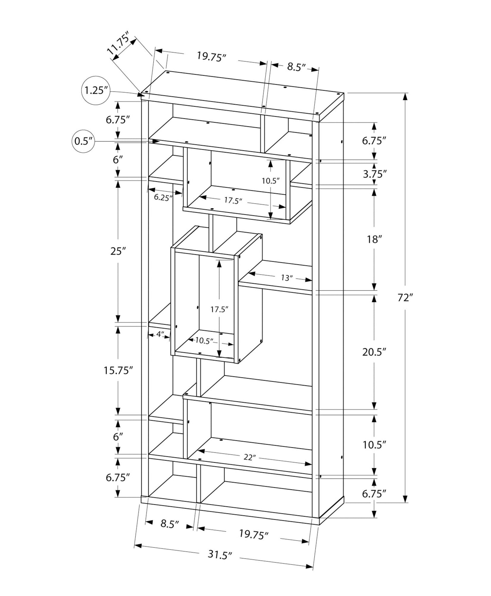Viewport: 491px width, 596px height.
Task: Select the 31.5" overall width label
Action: (x=220, y=555)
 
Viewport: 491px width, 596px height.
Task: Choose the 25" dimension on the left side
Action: (x=118, y=251)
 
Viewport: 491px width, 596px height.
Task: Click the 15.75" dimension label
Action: (x=118, y=370)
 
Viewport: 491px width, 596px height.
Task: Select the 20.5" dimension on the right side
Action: (x=374, y=352)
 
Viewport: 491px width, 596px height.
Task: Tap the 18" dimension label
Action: (x=373, y=240)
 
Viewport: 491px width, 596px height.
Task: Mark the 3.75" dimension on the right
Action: (x=375, y=174)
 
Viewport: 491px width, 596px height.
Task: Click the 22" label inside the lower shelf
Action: (x=249, y=457)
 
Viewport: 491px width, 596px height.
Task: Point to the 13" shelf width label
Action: (x=286, y=278)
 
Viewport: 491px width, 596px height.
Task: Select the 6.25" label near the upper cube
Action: (x=163, y=197)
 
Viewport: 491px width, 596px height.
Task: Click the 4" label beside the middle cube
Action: (x=160, y=334)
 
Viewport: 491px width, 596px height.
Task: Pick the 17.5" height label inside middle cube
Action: (x=219, y=309)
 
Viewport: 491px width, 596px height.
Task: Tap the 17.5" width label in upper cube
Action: (x=233, y=200)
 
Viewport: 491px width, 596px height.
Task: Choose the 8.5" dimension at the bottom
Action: (x=170, y=524)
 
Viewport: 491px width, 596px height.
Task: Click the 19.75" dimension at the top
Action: (x=211, y=56)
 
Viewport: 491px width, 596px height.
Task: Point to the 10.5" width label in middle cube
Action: (x=204, y=341)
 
